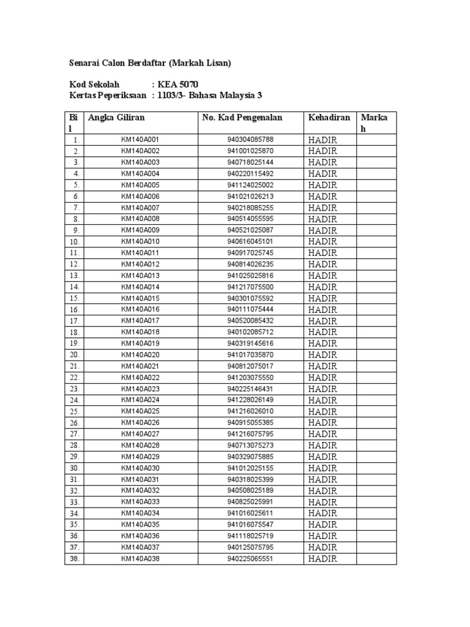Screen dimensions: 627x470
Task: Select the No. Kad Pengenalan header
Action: [242, 118]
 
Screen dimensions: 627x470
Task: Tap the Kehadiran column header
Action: [329, 118]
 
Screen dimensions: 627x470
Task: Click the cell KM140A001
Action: [140, 140]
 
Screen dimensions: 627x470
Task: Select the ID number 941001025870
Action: [250, 151]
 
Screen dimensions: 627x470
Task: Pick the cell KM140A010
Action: [140, 241]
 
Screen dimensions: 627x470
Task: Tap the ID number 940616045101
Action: [250, 241]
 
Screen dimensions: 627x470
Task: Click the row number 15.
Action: [74, 298]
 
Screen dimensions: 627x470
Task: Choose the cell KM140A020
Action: [140, 355]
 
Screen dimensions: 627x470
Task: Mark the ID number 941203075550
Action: [250, 377]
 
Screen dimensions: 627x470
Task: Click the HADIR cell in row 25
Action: [323, 411]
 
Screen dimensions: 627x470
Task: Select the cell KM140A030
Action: [140, 468]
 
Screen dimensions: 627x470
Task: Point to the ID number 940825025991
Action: [250, 502]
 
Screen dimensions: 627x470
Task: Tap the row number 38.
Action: [74, 559]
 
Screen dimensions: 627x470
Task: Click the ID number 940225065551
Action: [250, 559]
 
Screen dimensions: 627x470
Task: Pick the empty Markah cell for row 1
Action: [377, 140]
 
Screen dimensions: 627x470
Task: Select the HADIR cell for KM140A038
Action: [323, 559]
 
